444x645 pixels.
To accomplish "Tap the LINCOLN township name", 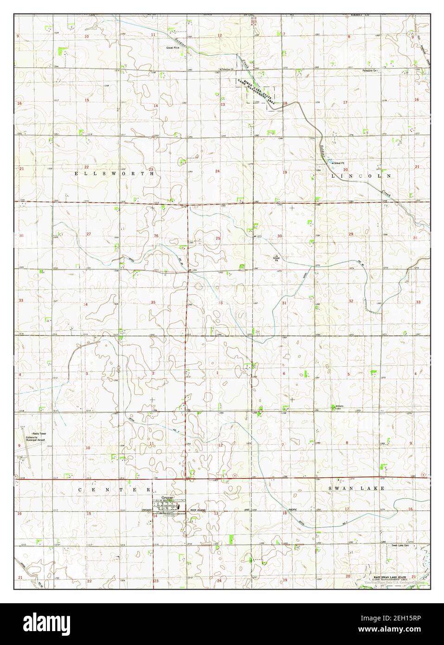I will point(362,176).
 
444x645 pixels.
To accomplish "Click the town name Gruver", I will point(167,497).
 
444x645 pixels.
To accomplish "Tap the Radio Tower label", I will point(36,433).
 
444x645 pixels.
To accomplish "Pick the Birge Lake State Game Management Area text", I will point(257,91).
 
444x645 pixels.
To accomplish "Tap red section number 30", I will point(279,237).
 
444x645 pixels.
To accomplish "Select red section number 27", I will point(88,234).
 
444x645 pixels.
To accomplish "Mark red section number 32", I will point(351,301).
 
